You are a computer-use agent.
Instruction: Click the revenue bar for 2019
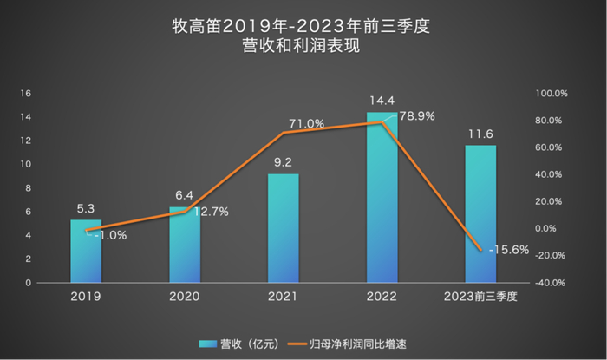[86, 252]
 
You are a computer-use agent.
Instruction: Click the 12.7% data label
[210, 212]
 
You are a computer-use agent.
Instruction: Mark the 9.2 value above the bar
[284, 162]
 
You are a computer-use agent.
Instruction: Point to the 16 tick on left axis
[26, 93]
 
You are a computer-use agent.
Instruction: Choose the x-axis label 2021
[284, 297]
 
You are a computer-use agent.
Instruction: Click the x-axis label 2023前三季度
[480, 297]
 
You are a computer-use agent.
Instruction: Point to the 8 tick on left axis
[29, 188]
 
